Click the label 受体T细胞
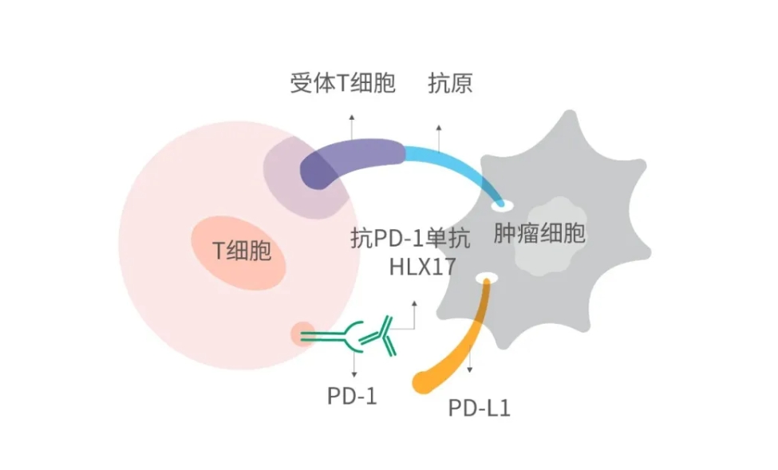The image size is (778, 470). (342, 84)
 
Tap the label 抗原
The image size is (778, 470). (450, 84)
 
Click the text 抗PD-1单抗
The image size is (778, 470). (411, 238)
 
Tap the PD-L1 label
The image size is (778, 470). (478, 409)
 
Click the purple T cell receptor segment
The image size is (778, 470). (351, 160)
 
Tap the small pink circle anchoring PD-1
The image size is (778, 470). (302, 334)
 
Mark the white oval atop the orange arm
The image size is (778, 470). (486, 278)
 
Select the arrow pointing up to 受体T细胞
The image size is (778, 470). (351, 126)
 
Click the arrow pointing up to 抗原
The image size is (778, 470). (437, 137)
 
